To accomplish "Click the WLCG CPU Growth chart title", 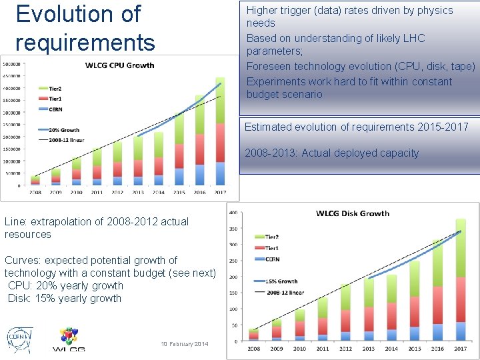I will pos(119,65).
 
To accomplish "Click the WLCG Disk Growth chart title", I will pos(352,213).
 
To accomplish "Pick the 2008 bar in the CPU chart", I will pos(35,180).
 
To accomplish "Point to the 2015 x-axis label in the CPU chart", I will pos(179,193).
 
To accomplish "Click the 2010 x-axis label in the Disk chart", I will pos(299,348).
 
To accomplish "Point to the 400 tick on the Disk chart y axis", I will pos(234,213).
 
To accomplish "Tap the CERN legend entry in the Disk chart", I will pos(271,259).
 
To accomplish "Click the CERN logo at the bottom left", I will pos(18,339).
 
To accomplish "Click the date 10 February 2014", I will pos(185,344).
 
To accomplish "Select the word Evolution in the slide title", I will pos(79,13).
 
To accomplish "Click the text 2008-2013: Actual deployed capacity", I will pos(331,153).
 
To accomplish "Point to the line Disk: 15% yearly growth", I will pos(65,298).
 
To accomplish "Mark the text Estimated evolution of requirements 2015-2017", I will pos(356,127).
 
